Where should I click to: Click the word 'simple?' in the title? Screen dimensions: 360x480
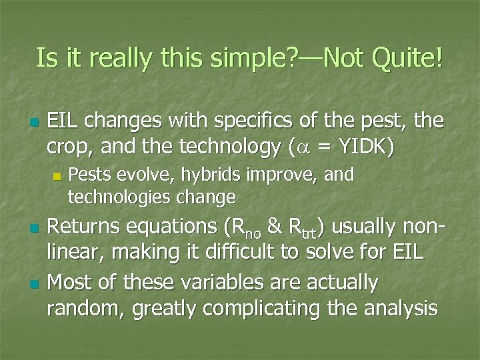(x=216, y=58)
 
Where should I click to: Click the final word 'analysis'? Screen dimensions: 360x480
(x=399, y=308)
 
